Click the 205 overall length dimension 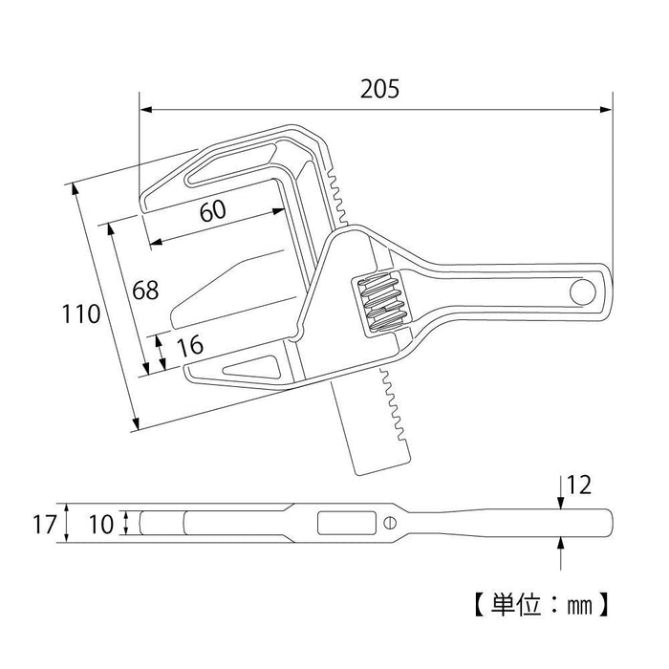[379, 89]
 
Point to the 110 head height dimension [81, 313]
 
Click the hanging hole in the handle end [581, 291]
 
